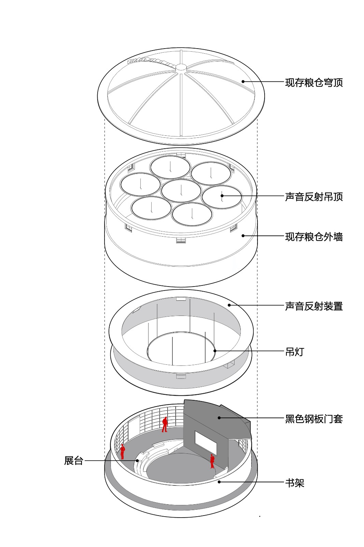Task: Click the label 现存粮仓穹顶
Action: [313, 83]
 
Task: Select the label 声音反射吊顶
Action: [313, 197]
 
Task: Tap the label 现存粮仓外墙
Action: [313, 237]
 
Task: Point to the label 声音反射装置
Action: [313, 306]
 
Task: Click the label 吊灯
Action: [294, 352]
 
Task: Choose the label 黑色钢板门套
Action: [313, 419]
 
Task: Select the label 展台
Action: [74, 461]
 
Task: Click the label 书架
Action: [294, 483]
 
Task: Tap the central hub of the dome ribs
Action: [181, 67]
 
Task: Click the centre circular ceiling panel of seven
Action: [181, 190]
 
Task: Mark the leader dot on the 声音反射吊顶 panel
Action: [222, 196]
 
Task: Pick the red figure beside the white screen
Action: [212, 461]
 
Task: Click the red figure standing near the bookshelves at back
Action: [165, 424]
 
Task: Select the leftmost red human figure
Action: [122, 451]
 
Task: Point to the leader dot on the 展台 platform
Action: [137, 461]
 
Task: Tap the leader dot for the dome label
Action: [243, 81]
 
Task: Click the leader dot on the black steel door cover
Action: [219, 417]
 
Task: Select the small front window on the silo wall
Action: [181, 240]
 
